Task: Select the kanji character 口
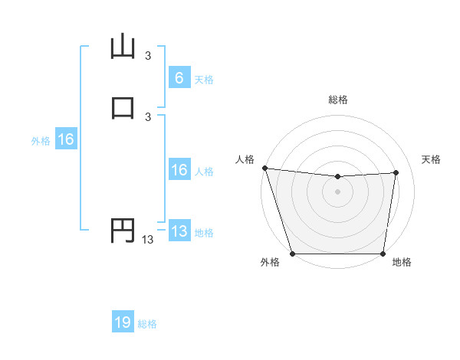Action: (123, 106)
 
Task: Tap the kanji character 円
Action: (123, 230)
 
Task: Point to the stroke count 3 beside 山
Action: (148, 56)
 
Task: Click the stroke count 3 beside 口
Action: (148, 116)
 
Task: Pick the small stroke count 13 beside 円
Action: (148, 240)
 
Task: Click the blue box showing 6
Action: (179, 77)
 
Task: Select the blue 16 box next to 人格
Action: (179, 170)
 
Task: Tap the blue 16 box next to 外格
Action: (66, 139)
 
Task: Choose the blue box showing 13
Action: (179, 231)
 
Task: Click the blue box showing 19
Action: (123, 322)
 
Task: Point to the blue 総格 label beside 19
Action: (147, 324)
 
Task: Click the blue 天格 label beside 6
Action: (204, 79)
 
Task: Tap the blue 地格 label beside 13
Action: (204, 233)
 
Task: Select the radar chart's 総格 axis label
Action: (338, 100)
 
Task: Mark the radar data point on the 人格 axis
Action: (264, 168)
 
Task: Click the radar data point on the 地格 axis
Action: (383, 254)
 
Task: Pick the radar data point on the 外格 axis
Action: (292, 254)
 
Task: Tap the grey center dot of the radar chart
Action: (338, 191)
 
